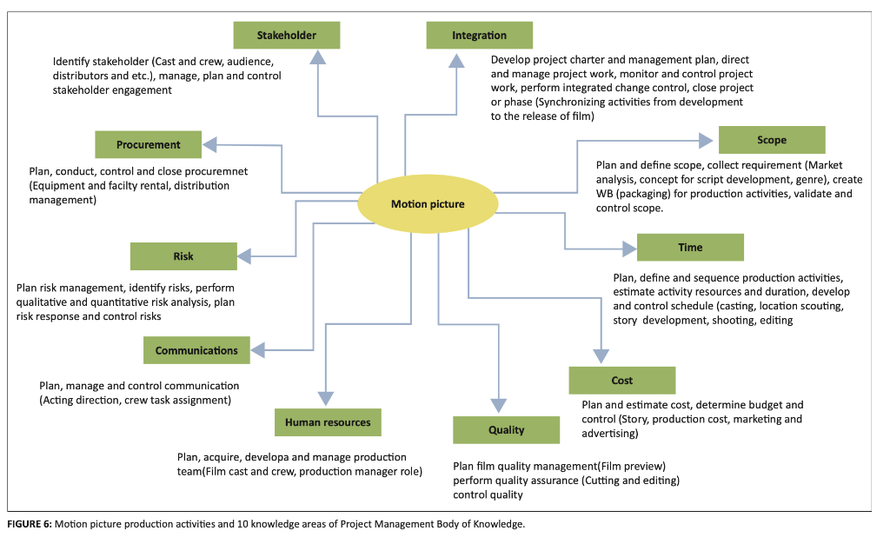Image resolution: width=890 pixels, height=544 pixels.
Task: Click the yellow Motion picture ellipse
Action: point(428,205)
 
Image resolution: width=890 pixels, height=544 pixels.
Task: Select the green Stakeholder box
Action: point(287,36)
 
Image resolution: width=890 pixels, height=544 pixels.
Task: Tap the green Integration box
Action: point(479,36)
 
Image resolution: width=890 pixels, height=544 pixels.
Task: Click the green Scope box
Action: point(771,140)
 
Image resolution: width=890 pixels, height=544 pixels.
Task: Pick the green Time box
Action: point(690,248)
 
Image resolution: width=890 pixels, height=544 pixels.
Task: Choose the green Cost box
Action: point(621,381)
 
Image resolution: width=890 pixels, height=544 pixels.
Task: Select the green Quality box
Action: point(506,430)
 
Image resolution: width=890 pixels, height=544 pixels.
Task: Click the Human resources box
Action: point(328,422)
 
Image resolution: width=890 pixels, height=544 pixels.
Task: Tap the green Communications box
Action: point(196,351)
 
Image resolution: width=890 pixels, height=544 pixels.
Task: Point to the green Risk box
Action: point(183,256)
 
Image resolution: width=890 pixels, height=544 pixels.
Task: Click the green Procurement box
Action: point(148,145)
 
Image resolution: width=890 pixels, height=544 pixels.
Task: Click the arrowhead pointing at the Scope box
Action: point(705,140)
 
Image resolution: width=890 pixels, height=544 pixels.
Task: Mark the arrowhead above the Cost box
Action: point(601,355)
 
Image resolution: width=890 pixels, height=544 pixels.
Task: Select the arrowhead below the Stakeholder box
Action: point(318,57)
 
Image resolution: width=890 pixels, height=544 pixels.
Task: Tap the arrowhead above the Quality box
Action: point(499,404)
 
